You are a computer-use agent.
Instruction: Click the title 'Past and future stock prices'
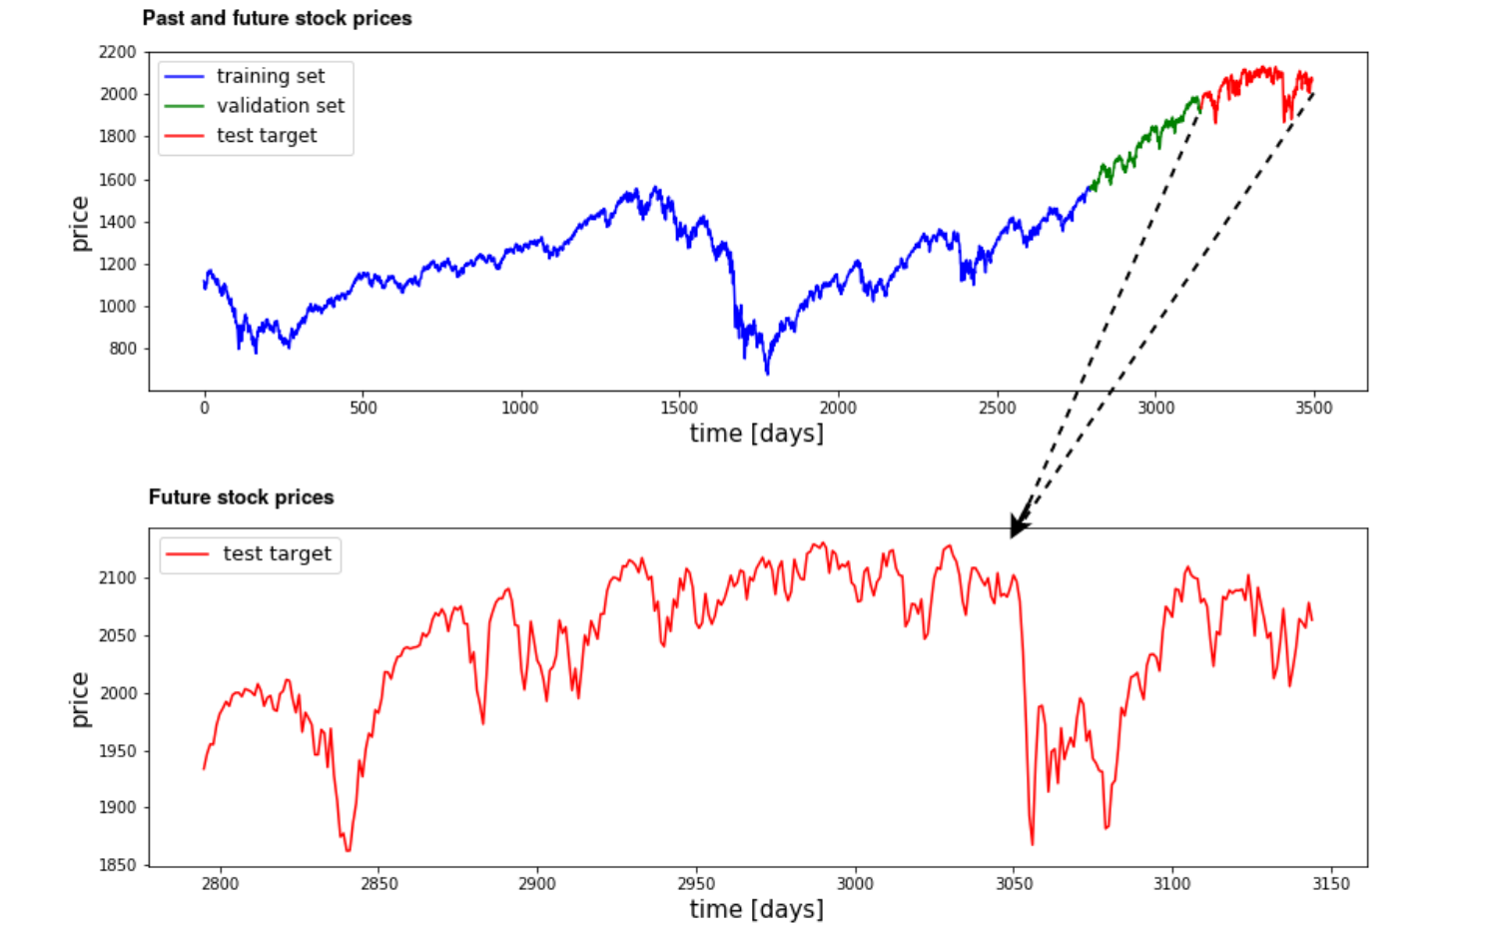(277, 18)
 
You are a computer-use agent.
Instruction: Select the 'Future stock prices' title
(241, 497)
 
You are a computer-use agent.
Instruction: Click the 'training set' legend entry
(245, 77)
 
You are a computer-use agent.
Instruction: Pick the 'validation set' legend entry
(254, 106)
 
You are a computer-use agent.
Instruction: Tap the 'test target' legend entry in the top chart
(241, 136)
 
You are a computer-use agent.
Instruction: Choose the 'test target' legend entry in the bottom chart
(249, 553)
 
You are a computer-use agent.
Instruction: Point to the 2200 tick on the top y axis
(117, 52)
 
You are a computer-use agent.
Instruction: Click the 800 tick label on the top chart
(123, 349)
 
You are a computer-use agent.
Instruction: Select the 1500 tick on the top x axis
(679, 408)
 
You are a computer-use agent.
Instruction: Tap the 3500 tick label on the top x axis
(1313, 408)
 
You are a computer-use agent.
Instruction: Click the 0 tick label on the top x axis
(205, 408)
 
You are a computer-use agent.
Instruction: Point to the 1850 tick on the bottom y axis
(117, 865)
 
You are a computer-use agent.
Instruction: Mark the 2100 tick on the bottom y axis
(117, 577)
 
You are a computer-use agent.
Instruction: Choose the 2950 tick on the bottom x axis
(696, 883)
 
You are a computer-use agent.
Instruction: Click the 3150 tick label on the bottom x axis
(1331, 883)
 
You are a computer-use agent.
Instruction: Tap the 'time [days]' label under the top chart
(757, 435)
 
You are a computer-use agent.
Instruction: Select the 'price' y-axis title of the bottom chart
(79, 699)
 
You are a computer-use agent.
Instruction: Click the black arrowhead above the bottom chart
(1019, 524)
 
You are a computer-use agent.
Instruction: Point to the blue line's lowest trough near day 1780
(767, 374)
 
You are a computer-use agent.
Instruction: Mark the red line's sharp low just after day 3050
(1033, 844)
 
